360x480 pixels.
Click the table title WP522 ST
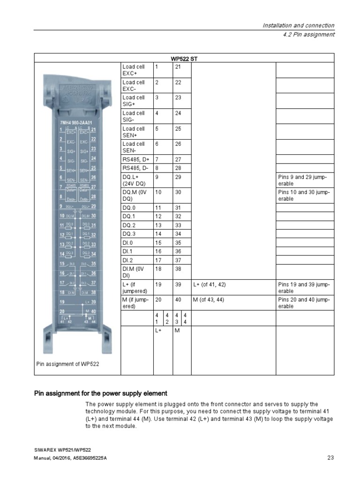pos(184,58)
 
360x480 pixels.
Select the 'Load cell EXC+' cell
pos(134,70)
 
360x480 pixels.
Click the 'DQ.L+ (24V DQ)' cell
pos(134,180)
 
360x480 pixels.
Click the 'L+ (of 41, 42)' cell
pos(211,284)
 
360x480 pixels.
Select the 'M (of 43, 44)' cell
pos(210,300)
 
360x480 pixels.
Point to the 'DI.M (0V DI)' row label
pos(134,272)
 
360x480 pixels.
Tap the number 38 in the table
pos(178,269)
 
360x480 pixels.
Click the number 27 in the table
pos(178,159)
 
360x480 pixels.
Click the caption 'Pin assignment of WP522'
pos(68,364)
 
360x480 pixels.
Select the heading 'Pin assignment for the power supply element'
pos(101,393)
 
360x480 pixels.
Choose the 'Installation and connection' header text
pos(298,25)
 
